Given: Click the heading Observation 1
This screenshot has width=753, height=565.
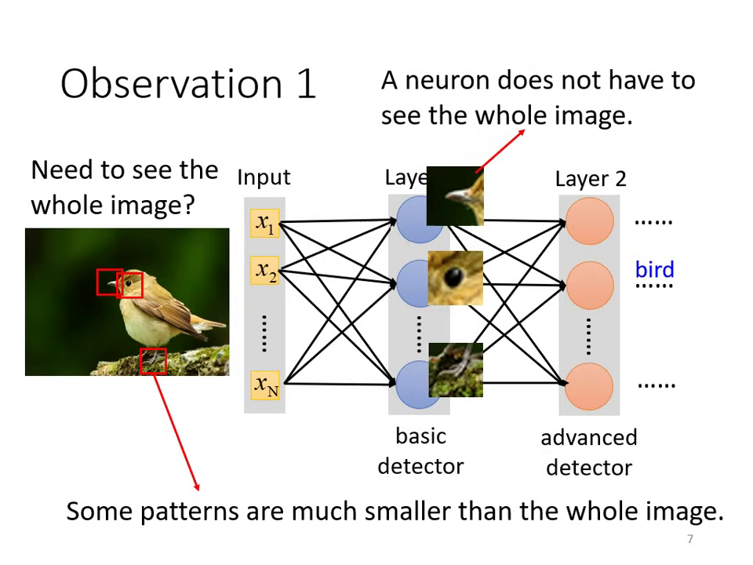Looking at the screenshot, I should [x=188, y=83].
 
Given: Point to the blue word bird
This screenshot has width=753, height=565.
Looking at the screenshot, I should [x=654, y=270].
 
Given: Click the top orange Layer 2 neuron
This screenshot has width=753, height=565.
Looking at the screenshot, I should [x=589, y=221].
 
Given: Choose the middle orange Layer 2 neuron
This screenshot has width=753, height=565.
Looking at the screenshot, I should [x=589, y=286].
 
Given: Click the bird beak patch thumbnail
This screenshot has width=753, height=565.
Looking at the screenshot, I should [x=455, y=196].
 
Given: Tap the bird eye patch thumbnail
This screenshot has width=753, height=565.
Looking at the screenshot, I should [x=455, y=278].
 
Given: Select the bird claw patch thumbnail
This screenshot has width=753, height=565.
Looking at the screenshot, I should [x=455, y=370].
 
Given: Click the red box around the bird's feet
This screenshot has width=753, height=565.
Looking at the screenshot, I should [x=153, y=361].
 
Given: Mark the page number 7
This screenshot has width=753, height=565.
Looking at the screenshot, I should [x=690, y=539].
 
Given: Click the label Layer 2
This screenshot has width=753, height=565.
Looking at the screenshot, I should [x=590, y=179].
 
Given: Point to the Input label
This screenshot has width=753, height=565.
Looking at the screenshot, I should [x=264, y=177].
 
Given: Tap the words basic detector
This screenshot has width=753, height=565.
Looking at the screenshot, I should [x=420, y=451].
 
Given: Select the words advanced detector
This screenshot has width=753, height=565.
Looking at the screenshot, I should [x=589, y=453].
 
